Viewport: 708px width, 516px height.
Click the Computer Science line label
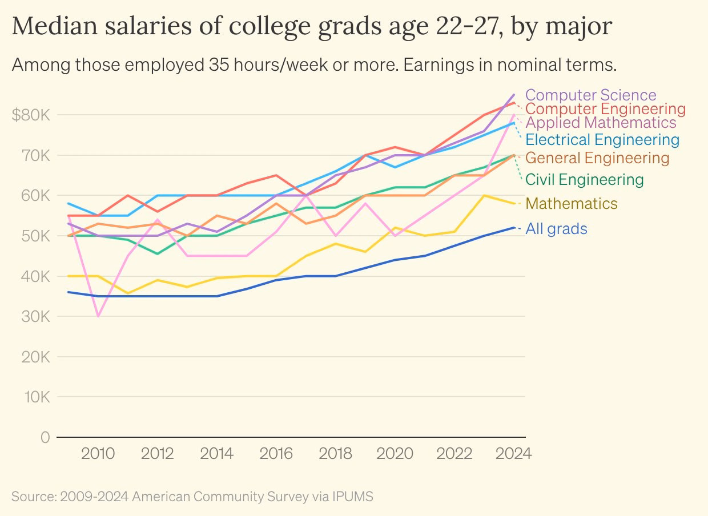click(x=591, y=95)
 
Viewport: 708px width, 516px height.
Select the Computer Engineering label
click(x=605, y=109)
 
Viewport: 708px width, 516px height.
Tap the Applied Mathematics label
click(x=601, y=123)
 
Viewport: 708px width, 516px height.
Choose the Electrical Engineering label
click(x=602, y=140)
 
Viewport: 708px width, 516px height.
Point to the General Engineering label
click(x=597, y=158)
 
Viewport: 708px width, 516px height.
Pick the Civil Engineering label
click(x=585, y=179)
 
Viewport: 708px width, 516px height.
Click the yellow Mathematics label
click(x=571, y=203)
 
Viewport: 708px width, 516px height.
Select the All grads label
click(x=556, y=228)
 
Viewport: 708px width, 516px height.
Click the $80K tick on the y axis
click(x=31, y=115)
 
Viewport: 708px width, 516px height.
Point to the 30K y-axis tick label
click(x=35, y=316)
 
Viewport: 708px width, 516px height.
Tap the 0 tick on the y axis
click(x=46, y=437)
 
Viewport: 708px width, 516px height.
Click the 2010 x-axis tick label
click(x=98, y=453)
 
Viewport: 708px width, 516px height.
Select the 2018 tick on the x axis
click(x=335, y=453)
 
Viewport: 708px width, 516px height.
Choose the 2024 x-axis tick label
click(x=514, y=453)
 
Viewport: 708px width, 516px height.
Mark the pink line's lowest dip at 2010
click(x=98, y=316)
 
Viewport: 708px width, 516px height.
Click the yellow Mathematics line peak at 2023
click(x=484, y=196)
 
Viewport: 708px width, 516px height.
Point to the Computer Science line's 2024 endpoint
click(x=514, y=95)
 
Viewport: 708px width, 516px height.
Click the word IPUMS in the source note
click(x=352, y=496)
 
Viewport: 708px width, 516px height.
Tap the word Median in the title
click(x=55, y=26)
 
